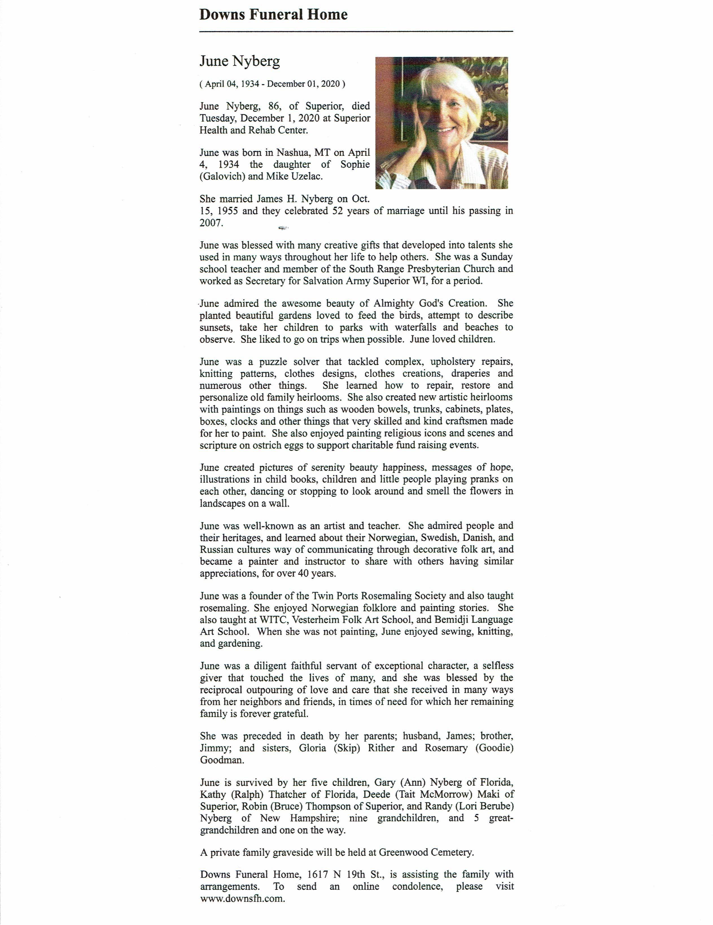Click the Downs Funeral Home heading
coord(273,15)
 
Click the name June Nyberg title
coord(240,62)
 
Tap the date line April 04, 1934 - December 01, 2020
coord(272,84)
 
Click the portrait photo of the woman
coord(441,123)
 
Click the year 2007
coord(211,223)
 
